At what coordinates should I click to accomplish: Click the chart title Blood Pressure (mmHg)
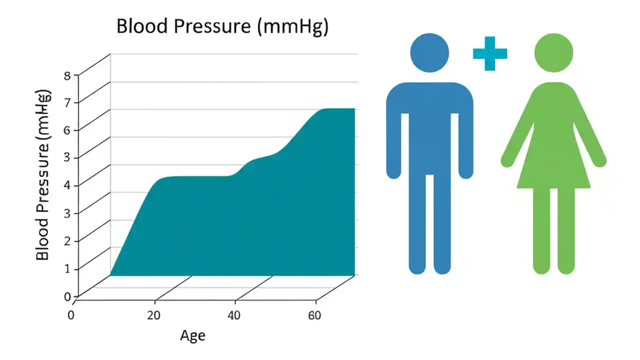pos(222,26)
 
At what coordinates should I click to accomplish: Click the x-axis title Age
pos(192,335)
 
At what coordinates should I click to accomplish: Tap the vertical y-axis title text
pos(43,175)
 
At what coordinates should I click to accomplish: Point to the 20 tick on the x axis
pos(154,315)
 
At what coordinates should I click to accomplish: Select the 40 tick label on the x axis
pos(234,315)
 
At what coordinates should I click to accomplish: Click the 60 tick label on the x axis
pos(314,315)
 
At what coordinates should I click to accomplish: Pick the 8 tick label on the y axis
pos(68,76)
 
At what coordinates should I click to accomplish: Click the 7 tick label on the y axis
pos(68,103)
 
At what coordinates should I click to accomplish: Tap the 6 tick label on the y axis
pos(68,130)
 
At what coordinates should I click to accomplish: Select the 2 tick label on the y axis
pos(68,240)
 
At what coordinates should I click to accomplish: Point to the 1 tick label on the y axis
pos(68,268)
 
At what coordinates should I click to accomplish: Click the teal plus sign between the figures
pos(490,53)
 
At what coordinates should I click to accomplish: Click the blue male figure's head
pos(429,52)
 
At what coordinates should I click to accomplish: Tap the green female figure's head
pos(553,52)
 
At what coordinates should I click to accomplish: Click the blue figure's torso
pos(429,130)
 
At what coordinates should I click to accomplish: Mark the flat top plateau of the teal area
pos(338,109)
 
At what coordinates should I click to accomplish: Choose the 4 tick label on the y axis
pos(68,185)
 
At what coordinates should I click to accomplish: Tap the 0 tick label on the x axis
pos(70,315)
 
